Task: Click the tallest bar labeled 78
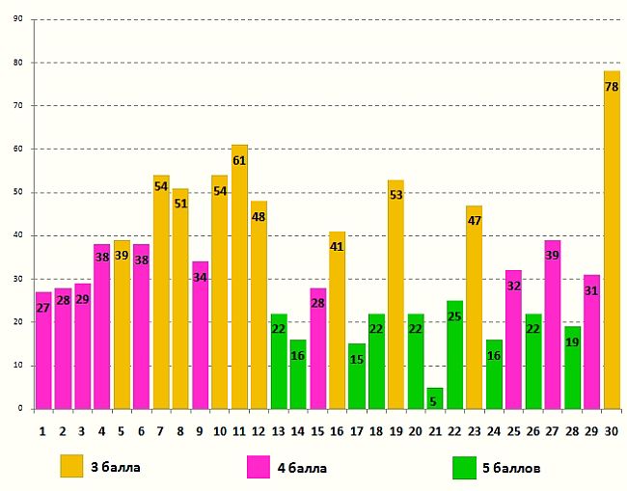point(612,241)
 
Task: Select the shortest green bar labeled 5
point(435,398)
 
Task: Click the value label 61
point(239,160)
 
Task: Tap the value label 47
point(475,221)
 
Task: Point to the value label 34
point(200,278)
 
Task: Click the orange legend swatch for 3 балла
point(72,467)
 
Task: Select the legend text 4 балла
point(302,468)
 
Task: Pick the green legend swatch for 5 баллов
point(465,467)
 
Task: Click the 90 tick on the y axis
point(19,19)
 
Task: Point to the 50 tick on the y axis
point(19,192)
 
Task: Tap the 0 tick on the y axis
point(21,409)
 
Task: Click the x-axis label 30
point(612,429)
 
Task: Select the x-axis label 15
point(317,429)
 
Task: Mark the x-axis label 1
point(42,429)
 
